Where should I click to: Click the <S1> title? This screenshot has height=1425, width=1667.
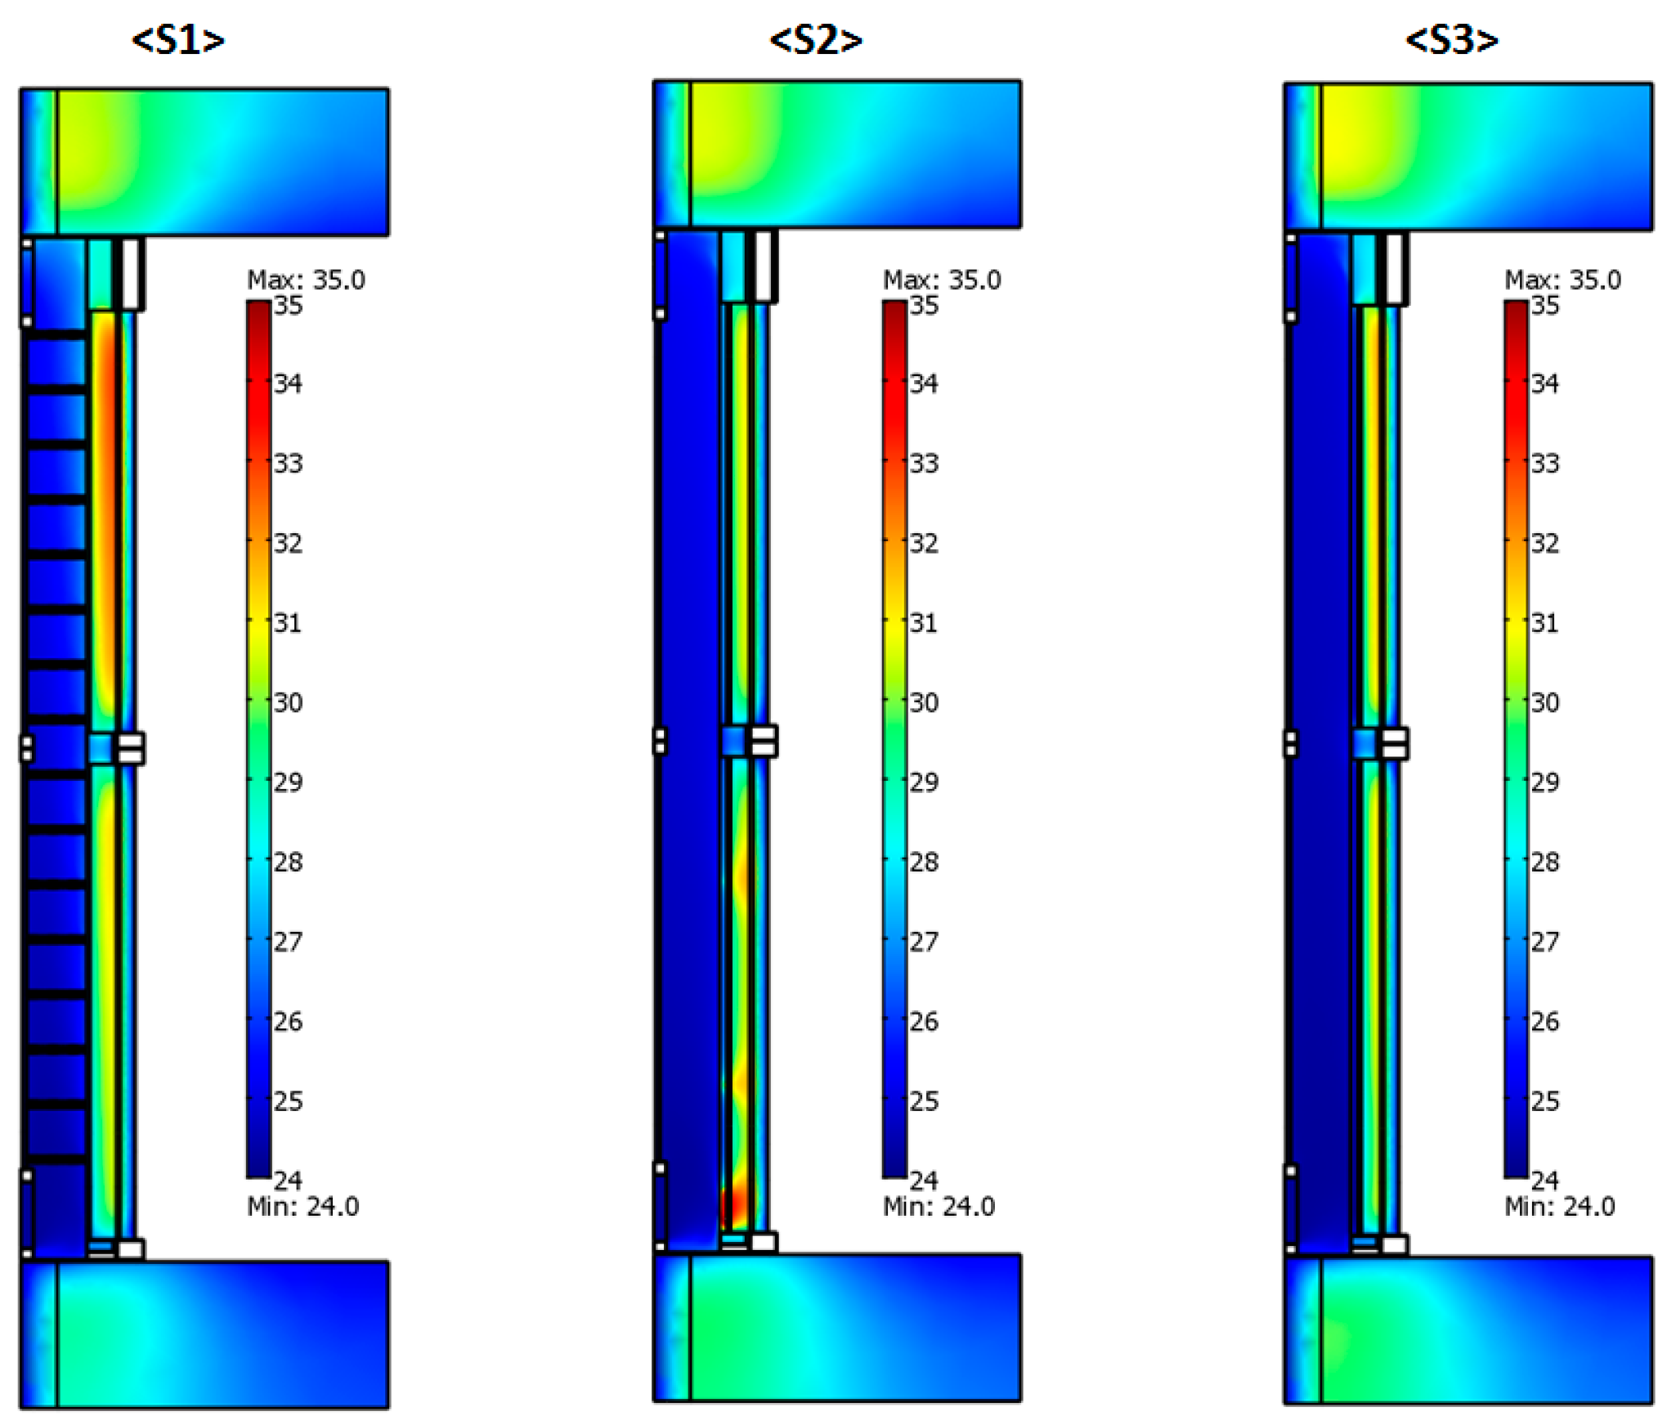(x=178, y=40)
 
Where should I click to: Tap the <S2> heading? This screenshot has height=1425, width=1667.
(x=815, y=40)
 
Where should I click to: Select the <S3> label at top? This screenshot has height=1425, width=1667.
(x=1451, y=40)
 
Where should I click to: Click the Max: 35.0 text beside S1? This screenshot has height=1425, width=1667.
(x=306, y=280)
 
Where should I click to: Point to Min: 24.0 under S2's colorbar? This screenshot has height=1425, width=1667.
(x=939, y=1207)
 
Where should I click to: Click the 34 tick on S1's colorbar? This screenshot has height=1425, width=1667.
(x=288, y=383)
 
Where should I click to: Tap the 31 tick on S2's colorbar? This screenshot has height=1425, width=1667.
(x=924, y=623)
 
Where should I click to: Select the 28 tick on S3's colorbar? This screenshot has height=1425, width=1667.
(x=1544, y=862)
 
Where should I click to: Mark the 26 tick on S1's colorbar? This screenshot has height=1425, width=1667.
(x=288, y=1021)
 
